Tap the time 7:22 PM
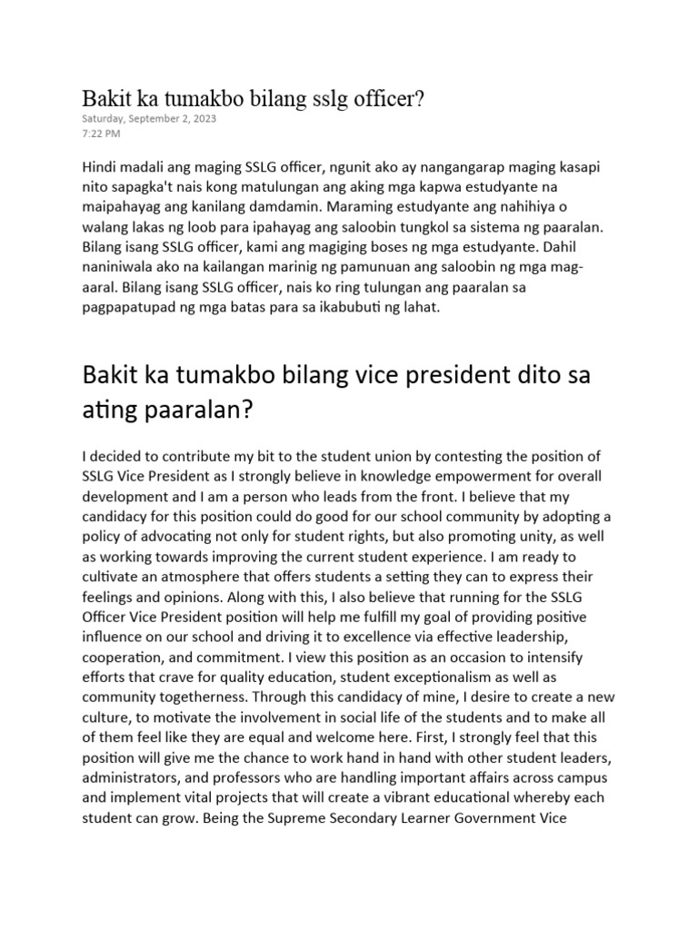[100, 134]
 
